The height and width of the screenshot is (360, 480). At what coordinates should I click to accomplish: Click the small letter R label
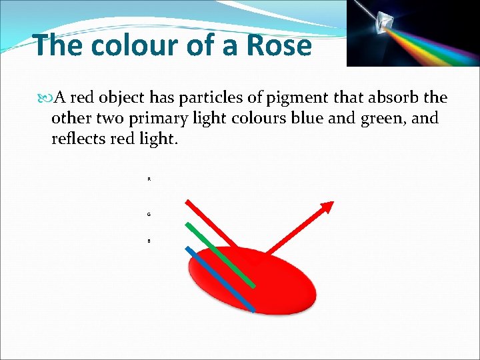coord(149,179)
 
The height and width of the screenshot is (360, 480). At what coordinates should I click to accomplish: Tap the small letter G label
coord(149,214)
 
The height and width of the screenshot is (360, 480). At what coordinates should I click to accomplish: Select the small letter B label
coord(149,241)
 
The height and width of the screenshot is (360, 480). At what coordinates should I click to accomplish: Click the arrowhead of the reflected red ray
coord(327,207)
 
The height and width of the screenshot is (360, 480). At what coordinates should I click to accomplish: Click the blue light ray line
coord(220,279)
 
